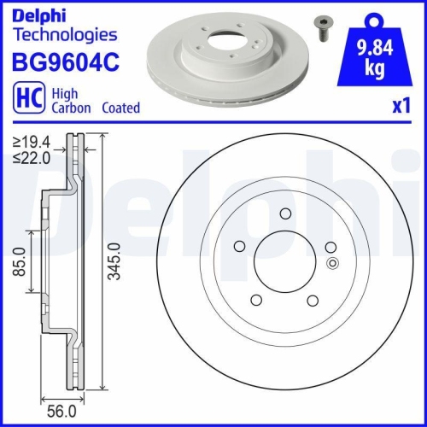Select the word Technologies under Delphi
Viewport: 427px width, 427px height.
coord(64,35)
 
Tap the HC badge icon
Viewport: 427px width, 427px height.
coord(27,99)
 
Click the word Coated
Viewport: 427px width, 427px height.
coord(121,108)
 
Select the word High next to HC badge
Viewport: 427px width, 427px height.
coord(66,93)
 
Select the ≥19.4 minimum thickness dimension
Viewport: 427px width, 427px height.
coord(32,143)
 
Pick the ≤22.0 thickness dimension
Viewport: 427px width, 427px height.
coord(32,157)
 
